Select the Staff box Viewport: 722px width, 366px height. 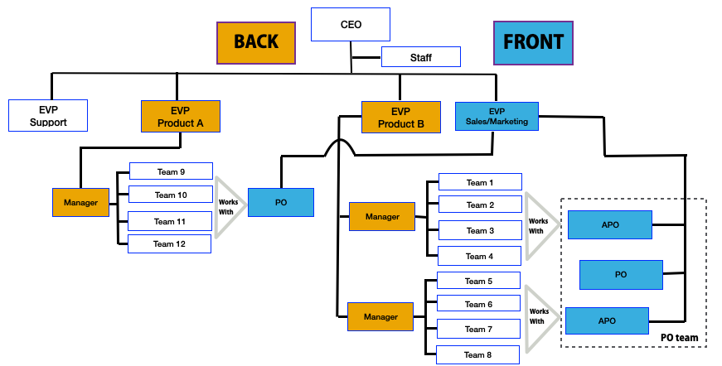(x=421, y=58)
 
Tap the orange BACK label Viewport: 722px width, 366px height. (x=255, y=42)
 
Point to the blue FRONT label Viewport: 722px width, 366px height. (x=533, y=42)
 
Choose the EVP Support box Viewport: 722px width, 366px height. (x=48, y=116)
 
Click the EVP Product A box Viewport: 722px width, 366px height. (x=181, y=116)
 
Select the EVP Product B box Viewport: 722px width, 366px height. (x=400, y=118)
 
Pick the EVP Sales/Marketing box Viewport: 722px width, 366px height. (x=497, y=116)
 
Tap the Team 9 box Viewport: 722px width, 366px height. (x=171, y=171)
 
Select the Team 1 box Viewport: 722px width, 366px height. (x=479, y=182)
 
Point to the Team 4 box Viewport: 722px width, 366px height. (x=479, y=256)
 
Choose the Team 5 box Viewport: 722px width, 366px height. (x=478, y=281)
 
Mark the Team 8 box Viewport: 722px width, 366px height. (x=478, y=354)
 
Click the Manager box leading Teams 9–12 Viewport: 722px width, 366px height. (x=80, y=202)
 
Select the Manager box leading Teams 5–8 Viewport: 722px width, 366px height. (x=380, y=316)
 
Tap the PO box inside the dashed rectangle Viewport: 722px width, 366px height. (x=620, y=274)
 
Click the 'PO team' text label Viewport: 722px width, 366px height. (x=679, y=337)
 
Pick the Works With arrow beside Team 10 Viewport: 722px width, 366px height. (x=228, y=206)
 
